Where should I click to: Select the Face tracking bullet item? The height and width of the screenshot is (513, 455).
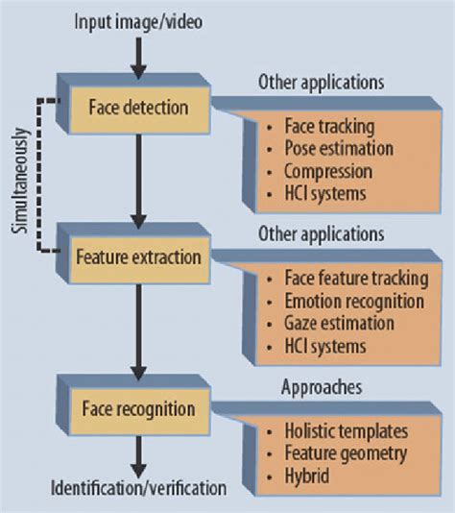[x=329, y=127]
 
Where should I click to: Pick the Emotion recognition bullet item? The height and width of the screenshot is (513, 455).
[x=354, y=302]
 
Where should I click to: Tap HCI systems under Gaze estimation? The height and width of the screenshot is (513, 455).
[x=326, y=346]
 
